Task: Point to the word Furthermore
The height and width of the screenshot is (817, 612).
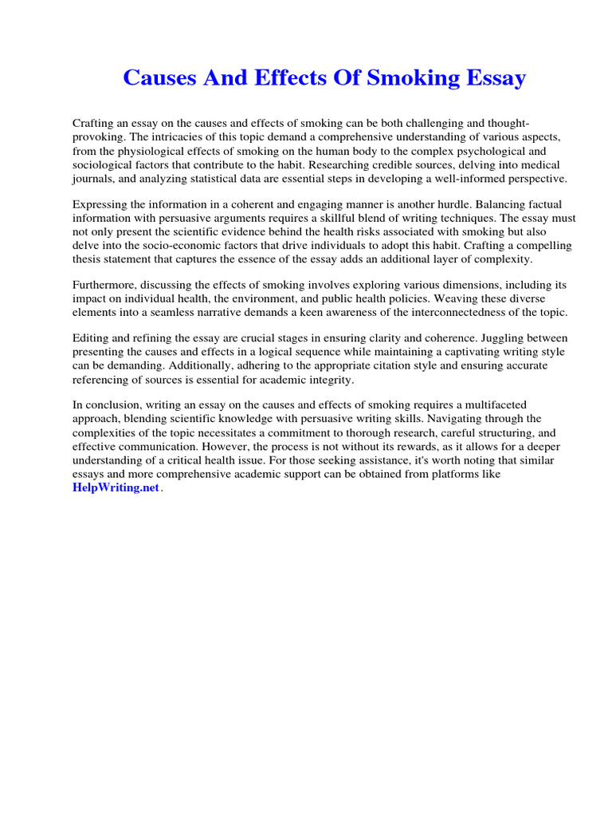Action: pos(104,285)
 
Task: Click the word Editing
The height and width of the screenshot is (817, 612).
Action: pos(91,339)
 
